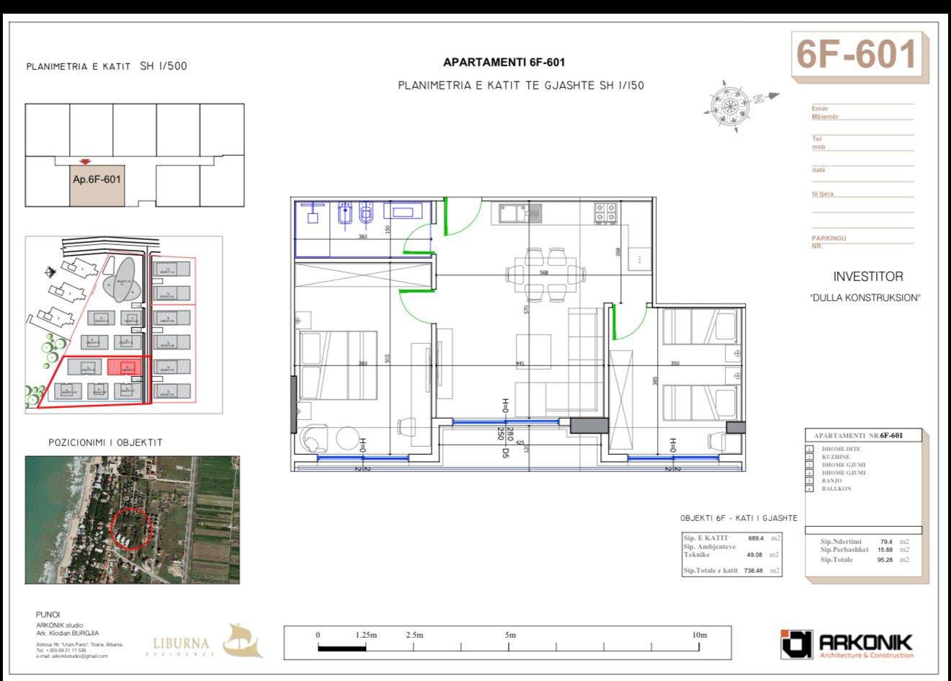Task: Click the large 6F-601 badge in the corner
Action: tap(857, 55)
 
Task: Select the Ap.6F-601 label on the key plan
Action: tap(97, 179)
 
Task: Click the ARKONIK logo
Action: tap(847, 644)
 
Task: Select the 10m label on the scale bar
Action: tap(699, 635)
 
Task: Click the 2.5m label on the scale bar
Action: tap(414, 635)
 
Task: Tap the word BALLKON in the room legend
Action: tap(836, 489)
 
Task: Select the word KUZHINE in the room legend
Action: tap(836, 457)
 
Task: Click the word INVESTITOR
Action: tap(867, 277)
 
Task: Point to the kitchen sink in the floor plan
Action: tap(516, 213)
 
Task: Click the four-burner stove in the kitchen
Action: tap(604, 213)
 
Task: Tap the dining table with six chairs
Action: tap(545, 273)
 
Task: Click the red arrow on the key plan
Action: tap(86, 162)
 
